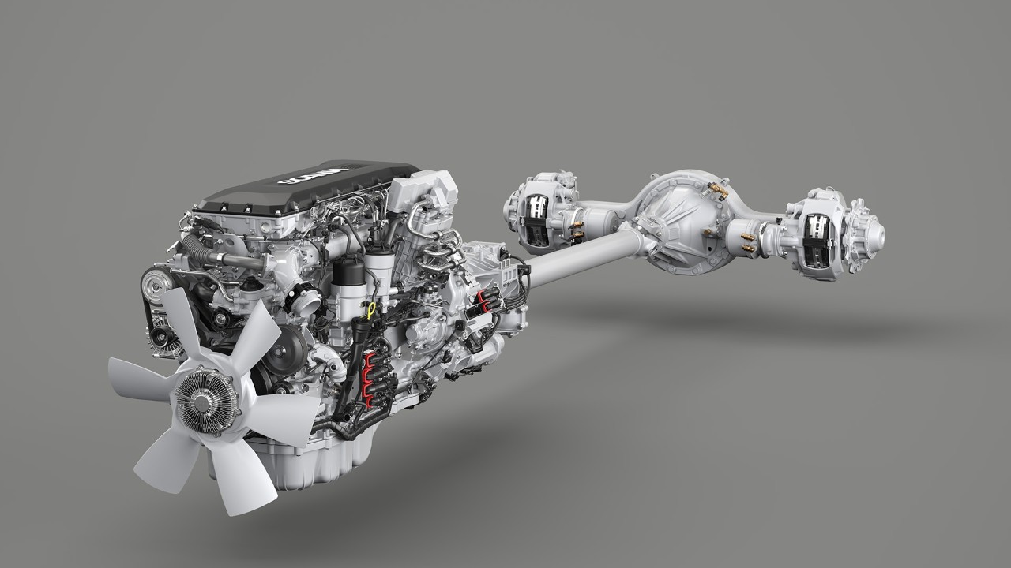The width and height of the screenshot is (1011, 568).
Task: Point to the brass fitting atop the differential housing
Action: pyautogui.click(x=718, y=189)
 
